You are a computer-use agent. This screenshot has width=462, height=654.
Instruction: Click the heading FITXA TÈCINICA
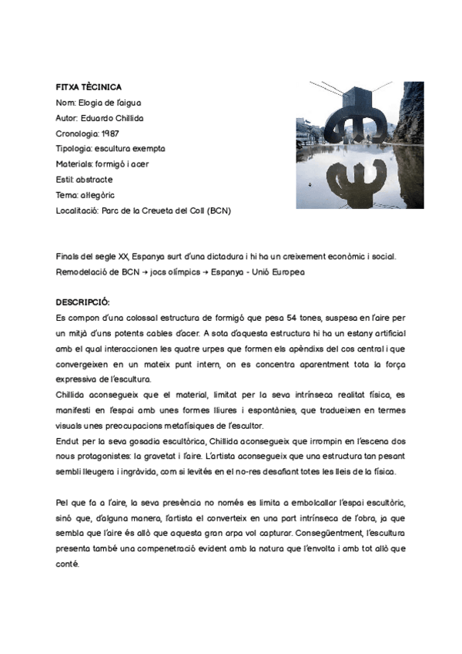pos(89,87)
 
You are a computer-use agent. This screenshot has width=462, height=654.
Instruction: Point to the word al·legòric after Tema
pos(96,194)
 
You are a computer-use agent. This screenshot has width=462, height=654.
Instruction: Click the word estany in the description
pos(320,332)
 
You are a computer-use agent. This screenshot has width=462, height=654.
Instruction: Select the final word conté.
pos(68,564)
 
